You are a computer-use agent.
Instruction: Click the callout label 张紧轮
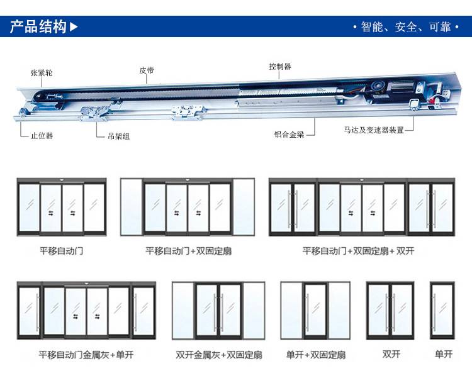pos(42,73)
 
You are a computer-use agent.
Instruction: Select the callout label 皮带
pos(147,70)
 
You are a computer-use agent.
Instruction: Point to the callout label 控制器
pos(279,67)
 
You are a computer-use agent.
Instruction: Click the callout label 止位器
pos(42,135)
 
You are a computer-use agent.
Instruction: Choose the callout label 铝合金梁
pos(290,134)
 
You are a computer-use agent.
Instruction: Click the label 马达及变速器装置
pos(374,130)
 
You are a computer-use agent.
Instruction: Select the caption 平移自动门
pos(61,251)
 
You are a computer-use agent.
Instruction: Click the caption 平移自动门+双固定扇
pos(188,251)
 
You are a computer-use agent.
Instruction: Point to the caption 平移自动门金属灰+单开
pos(86,355)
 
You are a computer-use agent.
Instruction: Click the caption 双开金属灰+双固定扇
pos(219,355)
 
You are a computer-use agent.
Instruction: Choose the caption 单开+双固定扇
pos(316,355)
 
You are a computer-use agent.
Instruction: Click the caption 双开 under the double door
pos(391,354)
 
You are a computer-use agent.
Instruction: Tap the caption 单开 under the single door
pos(444,354)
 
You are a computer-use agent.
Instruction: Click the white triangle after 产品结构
pos(74,27)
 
